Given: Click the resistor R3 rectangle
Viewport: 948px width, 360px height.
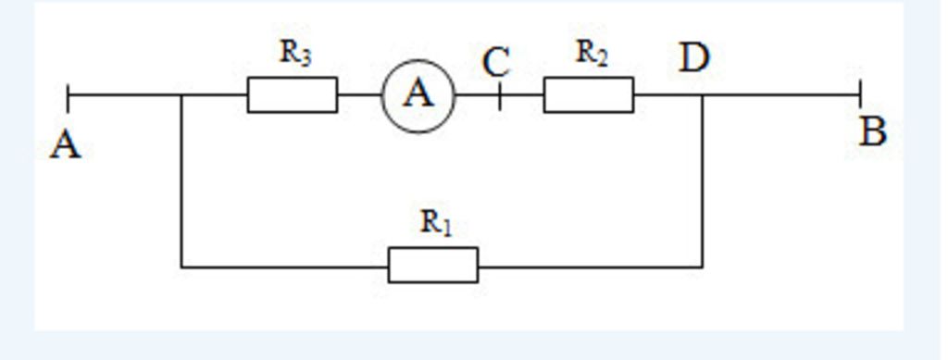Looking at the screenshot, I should click(x=292, y=95).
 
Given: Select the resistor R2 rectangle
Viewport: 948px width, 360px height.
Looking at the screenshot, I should click(x=588, y=95).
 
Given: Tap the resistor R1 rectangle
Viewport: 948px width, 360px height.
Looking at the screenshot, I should click(x=432, y=266).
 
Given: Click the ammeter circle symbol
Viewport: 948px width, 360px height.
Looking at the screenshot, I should click(x=418, y=95).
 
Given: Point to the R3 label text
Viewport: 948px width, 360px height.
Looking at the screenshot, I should click(x=295, y=54).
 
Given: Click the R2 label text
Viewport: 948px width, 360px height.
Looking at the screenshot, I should click(x=592, y=54).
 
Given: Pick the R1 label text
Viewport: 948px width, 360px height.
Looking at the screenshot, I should click(x=436, y=223).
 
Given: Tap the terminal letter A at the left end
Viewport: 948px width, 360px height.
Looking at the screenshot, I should click(x=65, y=145).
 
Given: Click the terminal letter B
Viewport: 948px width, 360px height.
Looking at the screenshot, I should click(x=872, y=133).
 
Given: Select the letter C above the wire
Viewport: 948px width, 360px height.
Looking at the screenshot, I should click(x=496, y=63).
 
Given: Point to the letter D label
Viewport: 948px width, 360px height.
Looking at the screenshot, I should click(x=693, y=58).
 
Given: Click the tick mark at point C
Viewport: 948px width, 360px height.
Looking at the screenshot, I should click(x=499, y=95).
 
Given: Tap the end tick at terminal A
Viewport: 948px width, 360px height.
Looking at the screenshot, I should click(x=69, y=94).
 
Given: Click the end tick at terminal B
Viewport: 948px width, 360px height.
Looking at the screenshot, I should click(x=860, y=94).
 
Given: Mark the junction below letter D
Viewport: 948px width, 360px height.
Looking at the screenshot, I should click(x=702, y=95).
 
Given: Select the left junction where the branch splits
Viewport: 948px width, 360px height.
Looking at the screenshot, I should click(x=181, y=95).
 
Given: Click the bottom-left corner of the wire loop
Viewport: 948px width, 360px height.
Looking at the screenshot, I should click(x=181, y=267).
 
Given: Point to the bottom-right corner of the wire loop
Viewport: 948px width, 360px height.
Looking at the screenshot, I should click(x=702, y=267).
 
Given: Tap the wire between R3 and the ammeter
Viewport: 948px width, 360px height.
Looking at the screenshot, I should click(x=359, y=95).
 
